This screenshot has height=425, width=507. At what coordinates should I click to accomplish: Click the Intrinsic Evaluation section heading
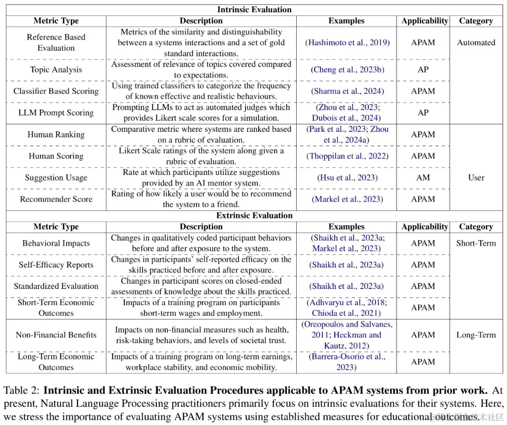(254, 9)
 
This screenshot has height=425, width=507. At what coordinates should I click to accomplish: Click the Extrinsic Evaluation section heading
(254, 216)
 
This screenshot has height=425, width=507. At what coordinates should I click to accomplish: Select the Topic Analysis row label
(56, 70)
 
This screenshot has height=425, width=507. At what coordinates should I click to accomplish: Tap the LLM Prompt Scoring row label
(56, 113)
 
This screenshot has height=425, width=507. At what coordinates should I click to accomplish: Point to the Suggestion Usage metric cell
(56, 178)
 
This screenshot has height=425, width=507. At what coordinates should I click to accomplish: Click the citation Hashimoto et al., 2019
(347, 43)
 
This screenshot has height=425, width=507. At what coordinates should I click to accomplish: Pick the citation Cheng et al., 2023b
(347, 70)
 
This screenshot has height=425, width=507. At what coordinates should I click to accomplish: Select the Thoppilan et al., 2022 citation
(347, 156)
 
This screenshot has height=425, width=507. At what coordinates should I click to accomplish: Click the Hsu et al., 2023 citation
(347, 178)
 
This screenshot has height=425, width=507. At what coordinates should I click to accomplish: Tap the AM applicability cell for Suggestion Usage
(423, 178)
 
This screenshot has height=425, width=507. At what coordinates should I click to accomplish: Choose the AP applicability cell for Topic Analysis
(423, 70)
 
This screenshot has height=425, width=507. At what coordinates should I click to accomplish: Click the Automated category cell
(476, 43)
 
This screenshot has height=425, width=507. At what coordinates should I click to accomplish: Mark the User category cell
(476, 178)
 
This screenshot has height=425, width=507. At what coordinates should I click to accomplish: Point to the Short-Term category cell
(476, 243)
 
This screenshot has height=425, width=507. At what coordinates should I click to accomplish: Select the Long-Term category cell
(476, 335)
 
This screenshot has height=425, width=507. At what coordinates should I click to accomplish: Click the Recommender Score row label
(56, 199)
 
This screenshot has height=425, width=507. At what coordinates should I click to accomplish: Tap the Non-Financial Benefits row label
(56, 335)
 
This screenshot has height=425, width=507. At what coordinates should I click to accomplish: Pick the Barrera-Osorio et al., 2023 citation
(347, 362)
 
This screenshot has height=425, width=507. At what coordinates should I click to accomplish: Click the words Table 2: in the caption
(22, 390)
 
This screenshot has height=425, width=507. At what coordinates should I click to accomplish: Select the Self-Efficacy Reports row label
(56, 265)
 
